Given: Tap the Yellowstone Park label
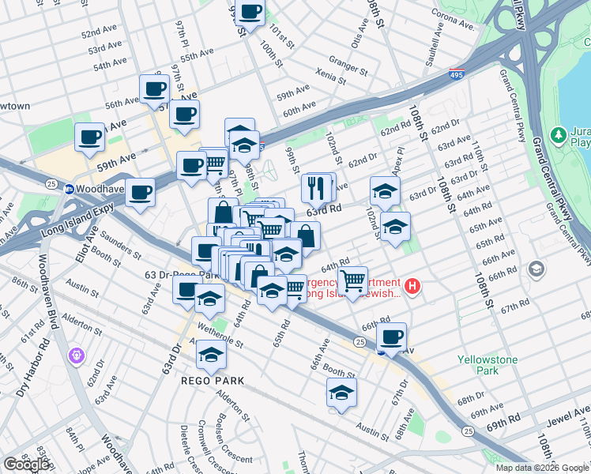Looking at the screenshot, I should (487, 365).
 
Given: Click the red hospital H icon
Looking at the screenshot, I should (411, 286).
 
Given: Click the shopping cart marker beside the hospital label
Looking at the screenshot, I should (352, 279).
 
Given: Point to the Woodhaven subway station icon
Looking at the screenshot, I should (70, 189).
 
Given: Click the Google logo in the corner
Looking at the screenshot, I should (27, 464).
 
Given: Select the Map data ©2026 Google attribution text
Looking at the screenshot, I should (542, 468).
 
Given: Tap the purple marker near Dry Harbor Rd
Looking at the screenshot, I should (77, 356).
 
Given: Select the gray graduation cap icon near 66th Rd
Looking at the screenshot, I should (537, 270).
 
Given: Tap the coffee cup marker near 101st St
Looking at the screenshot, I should (250, 13).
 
